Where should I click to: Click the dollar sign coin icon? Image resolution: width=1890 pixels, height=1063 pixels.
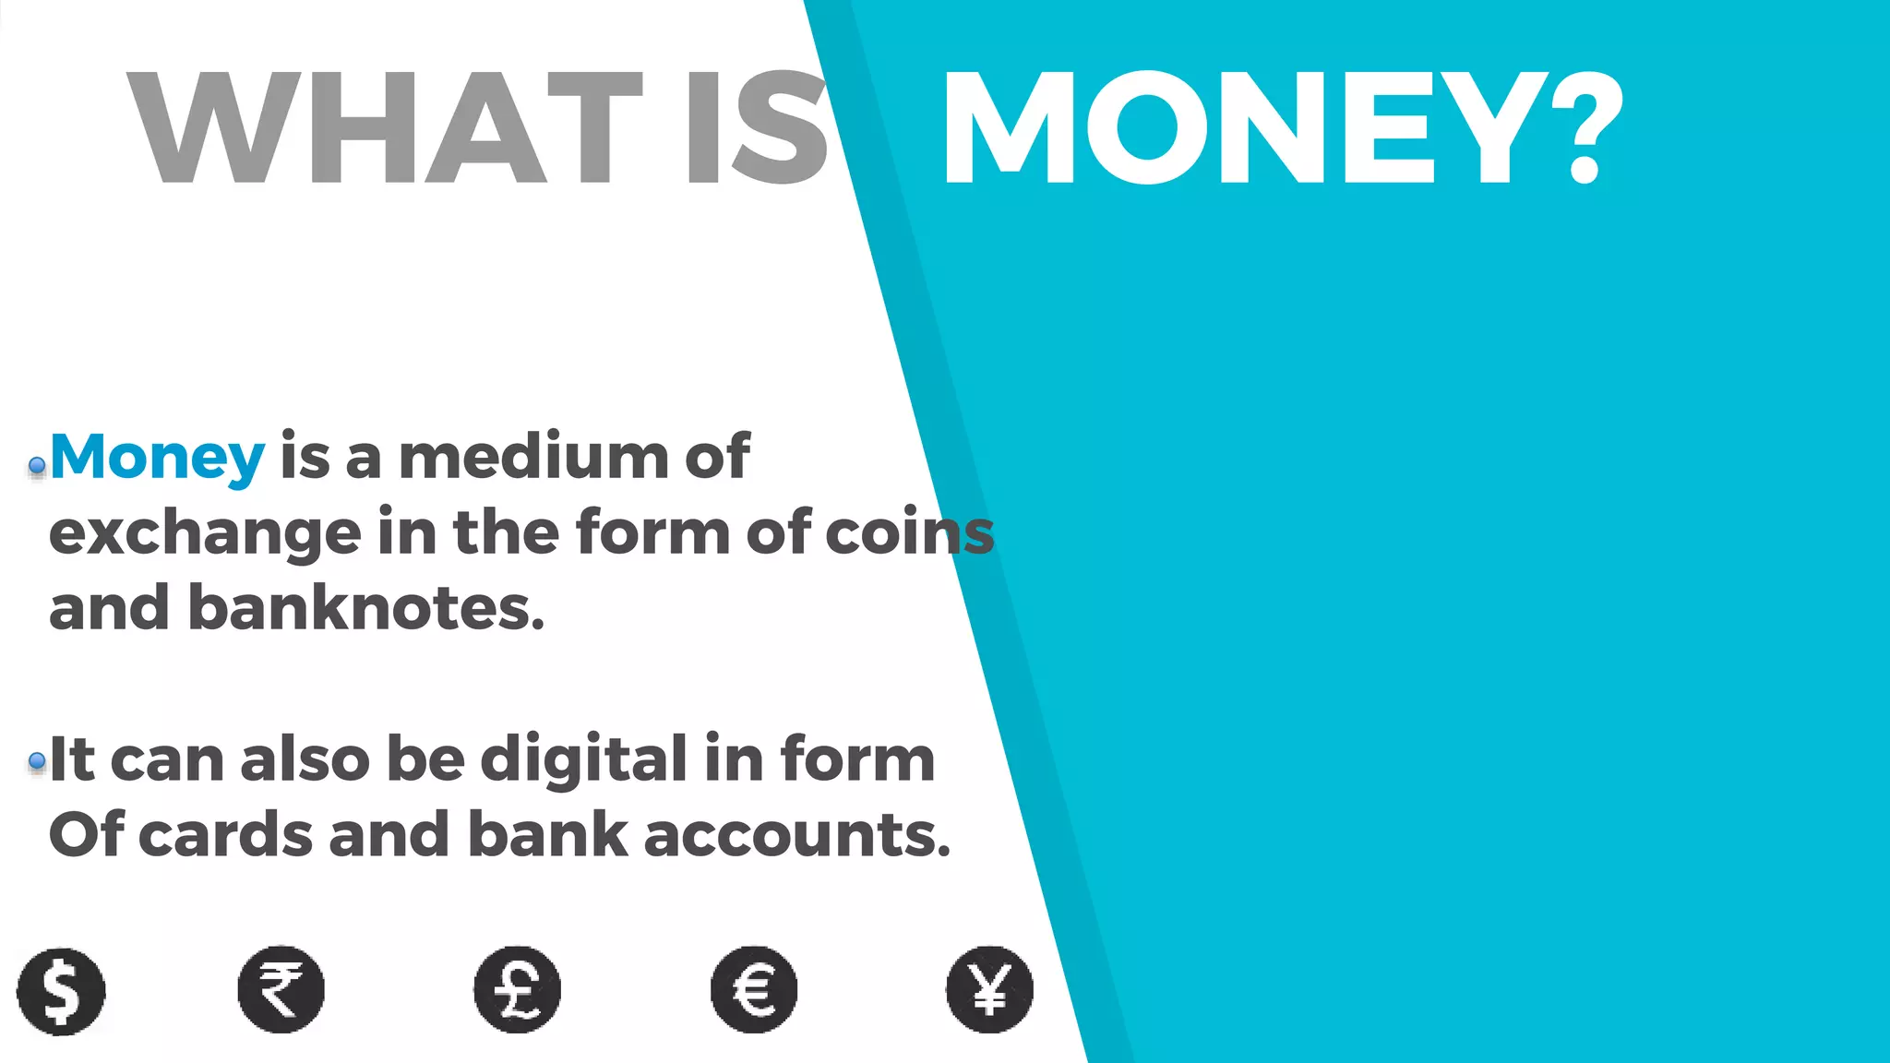61,991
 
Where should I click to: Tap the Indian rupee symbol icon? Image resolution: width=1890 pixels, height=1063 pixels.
281,989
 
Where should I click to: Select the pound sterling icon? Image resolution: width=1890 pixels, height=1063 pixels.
517,989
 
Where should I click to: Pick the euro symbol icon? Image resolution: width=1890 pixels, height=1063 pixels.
754,989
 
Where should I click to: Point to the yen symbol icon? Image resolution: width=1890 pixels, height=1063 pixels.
990,989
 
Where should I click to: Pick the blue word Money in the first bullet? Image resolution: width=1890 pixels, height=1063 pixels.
157,458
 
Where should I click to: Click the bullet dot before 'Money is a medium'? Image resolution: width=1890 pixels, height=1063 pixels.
37,466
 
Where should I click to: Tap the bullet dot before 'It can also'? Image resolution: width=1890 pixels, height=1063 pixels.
37,761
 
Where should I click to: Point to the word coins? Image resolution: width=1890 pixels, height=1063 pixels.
909,533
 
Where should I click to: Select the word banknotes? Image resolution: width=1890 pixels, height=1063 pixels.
365,609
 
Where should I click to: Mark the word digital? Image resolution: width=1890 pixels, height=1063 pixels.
583,760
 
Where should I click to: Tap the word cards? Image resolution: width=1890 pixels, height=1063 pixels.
225,835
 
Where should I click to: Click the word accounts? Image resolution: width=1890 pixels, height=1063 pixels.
796,836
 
